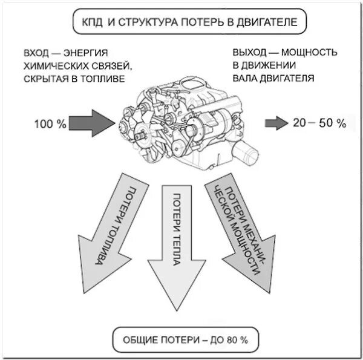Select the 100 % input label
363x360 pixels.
[x=50, y=124]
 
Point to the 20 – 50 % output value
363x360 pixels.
[x=319, y=123]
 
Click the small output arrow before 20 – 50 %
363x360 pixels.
[x=276, y=123]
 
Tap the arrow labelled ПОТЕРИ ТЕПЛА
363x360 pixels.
[x=177, y=242]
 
